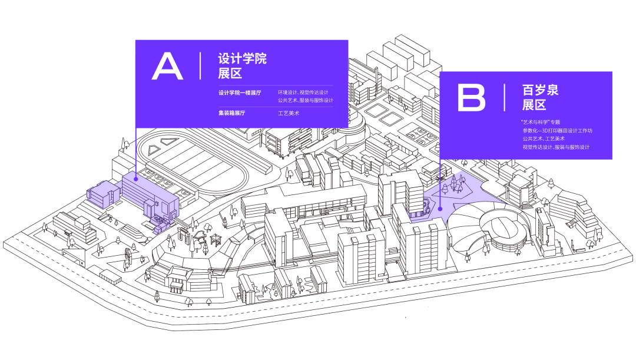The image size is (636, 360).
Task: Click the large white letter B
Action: point(471,97)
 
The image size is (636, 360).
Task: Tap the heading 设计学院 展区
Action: point(242,66)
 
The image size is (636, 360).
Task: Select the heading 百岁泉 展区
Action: point(540,97)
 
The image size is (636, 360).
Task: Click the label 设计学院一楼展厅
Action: point(240,93)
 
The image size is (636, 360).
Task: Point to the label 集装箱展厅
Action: point(231,113)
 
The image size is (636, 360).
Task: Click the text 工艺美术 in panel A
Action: point(289,113)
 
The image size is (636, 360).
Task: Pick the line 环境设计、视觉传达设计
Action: point(303,93)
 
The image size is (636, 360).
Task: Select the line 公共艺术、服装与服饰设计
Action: point(306,100)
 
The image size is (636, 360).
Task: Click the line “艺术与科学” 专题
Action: point(540,122)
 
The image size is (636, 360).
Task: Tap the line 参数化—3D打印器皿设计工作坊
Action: point(557,131)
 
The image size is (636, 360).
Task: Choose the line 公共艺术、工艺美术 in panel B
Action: point(544,139)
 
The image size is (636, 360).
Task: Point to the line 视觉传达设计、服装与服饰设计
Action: point(556,147)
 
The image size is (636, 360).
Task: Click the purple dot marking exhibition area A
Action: point(136,179)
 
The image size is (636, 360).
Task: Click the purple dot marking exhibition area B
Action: point(440,209)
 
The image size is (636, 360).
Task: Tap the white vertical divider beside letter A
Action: point(200,66)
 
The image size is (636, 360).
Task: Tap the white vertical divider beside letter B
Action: point(504,97)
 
